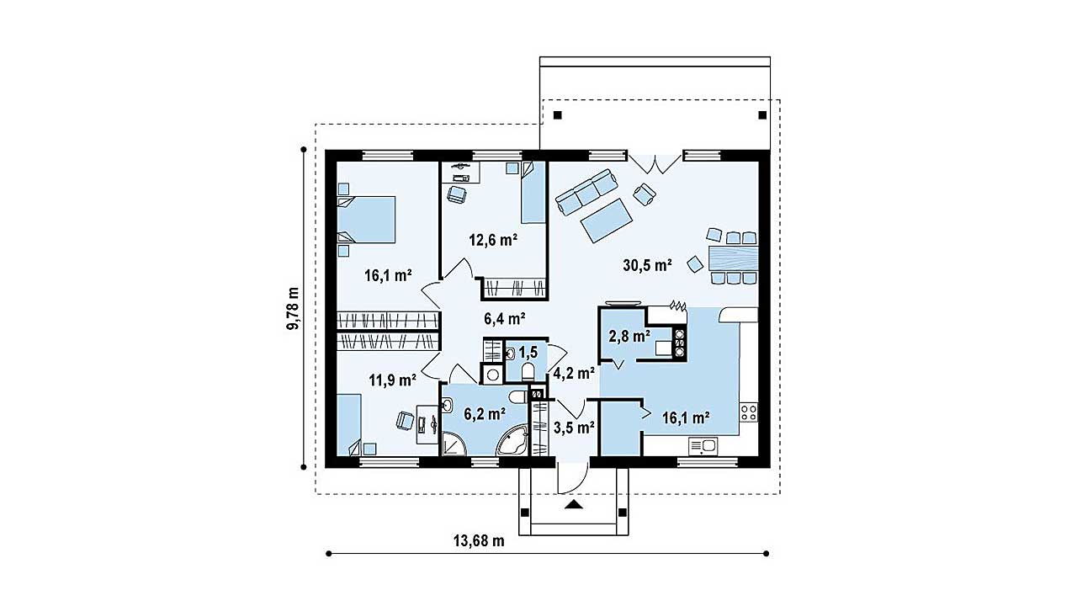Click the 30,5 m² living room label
click(x=647, y=265)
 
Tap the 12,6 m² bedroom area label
click(x=493, y=240)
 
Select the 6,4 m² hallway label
click(x=504, y=318)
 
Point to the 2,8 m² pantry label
click(x=629, y=336)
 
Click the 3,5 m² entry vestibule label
click(x=574, y=428)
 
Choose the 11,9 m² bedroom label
click(x=392, y=380)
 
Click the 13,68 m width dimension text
click(x=479, y=541)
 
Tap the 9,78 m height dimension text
click(x=293, y=309)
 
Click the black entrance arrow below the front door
click(x=573, y=504)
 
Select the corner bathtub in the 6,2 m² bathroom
click(x=513, y=440)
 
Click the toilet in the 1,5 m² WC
click(x=528, y=372)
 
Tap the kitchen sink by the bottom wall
click(x=703, y=446)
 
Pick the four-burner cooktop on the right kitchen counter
click(x=749, y=412)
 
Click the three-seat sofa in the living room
click(x=586, y=191)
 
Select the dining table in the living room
click(x=733, y=258)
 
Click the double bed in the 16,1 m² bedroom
click(x=366, y=219)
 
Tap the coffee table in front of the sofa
click(x=606, y=221)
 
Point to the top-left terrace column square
click(x=557, y=115)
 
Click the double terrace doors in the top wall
click(x=655, y=162)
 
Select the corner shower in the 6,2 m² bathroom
click(x=453, y=443)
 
